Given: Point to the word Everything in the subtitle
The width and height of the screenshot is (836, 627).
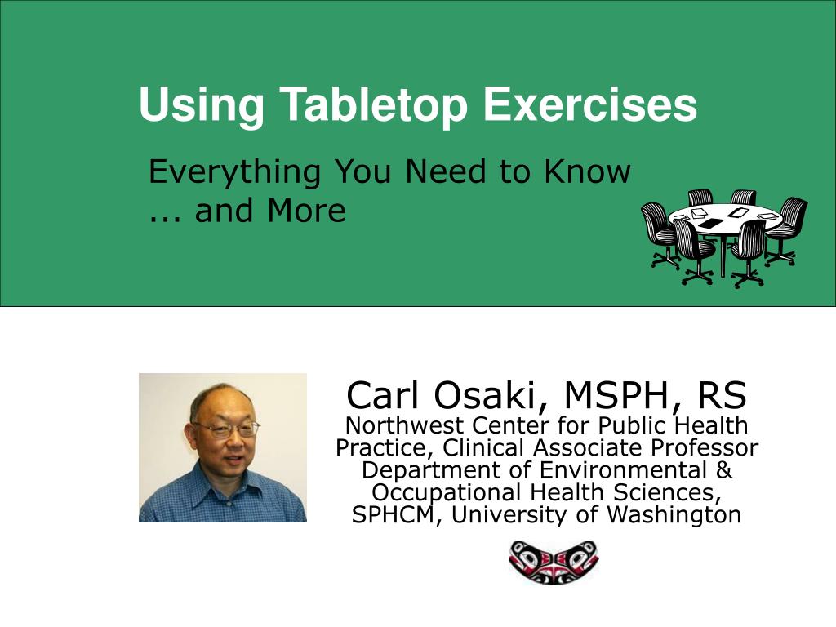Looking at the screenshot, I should pyautogui.click(x=235, y=173).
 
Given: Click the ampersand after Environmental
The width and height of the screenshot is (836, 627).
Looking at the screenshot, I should pyautogui.click(x=724, y=470).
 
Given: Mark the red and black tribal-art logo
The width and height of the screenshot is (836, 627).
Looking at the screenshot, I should pyautogui.click(x=553, y=563).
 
